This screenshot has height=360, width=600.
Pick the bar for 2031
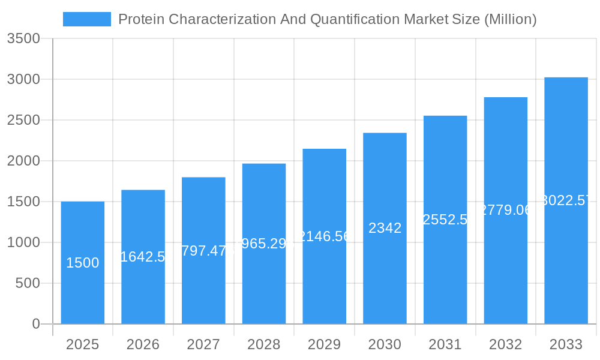445,270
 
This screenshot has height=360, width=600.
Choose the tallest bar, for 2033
566,258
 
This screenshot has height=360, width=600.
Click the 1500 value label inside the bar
83,263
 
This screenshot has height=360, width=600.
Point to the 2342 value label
385,228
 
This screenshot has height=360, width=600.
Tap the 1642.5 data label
143,257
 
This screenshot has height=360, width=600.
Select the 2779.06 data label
506,210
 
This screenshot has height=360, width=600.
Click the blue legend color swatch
87,19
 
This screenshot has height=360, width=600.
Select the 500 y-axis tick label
28,283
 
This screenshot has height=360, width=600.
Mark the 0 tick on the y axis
35,324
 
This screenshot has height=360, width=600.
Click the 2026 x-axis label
143,344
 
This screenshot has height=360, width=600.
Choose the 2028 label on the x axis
264,344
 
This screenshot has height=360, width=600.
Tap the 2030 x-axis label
385,344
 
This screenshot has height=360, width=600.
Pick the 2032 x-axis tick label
506,344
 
